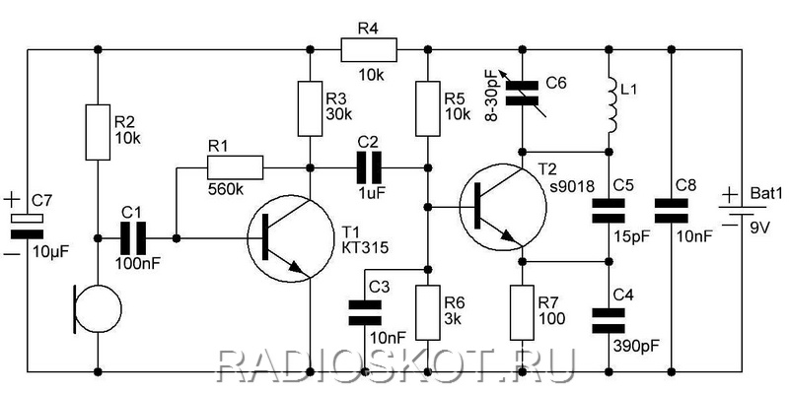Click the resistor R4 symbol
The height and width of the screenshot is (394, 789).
click(369, 50)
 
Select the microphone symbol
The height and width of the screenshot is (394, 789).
click(97, 308)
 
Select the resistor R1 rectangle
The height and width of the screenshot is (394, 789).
click(235, 167)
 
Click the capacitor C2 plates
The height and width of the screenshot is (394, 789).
click(369, 167)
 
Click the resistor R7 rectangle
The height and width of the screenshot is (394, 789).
click(523, 312)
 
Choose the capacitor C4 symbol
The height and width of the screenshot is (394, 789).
click(609, 321)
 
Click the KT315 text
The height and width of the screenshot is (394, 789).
click(365, 247)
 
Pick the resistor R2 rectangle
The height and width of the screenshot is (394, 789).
click(98, 132)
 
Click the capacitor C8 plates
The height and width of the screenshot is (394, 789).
click(671, 211)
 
